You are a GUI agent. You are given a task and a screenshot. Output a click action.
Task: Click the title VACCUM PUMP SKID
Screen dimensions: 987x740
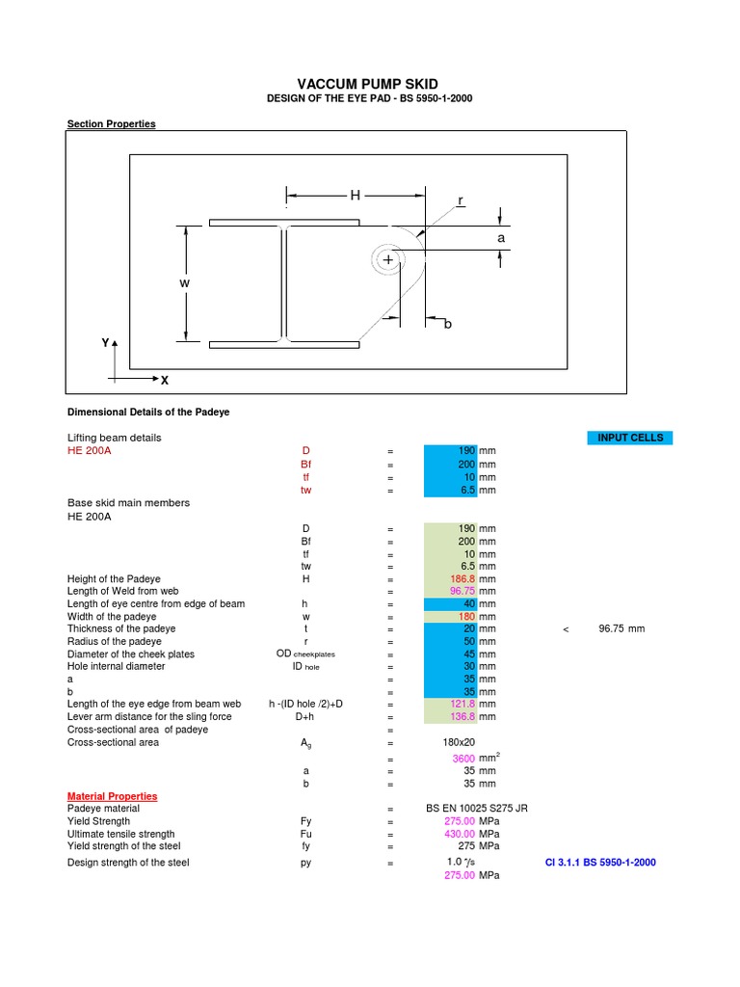pos(369,85)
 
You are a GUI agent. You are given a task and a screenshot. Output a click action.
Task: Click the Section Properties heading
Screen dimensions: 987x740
pos(111,124)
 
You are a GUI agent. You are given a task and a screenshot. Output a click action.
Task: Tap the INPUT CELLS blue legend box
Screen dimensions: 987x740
pos(630,438)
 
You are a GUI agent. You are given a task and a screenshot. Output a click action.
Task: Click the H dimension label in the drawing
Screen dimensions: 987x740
pos(355,196)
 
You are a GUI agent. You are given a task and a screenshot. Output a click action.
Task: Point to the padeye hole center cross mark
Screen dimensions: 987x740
pos(388,260)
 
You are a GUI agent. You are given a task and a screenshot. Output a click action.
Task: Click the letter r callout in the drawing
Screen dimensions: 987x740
pos(461,200)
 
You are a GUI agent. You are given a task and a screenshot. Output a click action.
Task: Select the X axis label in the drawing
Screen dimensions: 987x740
pos(165,381)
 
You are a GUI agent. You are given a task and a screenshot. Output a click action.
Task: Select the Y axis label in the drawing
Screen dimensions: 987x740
pos(105,343)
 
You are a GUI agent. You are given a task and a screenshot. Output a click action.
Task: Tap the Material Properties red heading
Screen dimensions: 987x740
pos(112,796)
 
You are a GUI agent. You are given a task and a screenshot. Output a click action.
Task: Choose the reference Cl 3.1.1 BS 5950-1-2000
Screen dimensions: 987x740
pos(600,862)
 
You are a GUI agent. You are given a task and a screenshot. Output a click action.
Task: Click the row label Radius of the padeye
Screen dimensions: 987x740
pos(114,641)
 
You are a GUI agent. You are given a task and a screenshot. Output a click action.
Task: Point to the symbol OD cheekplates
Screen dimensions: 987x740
pos(304,654)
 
